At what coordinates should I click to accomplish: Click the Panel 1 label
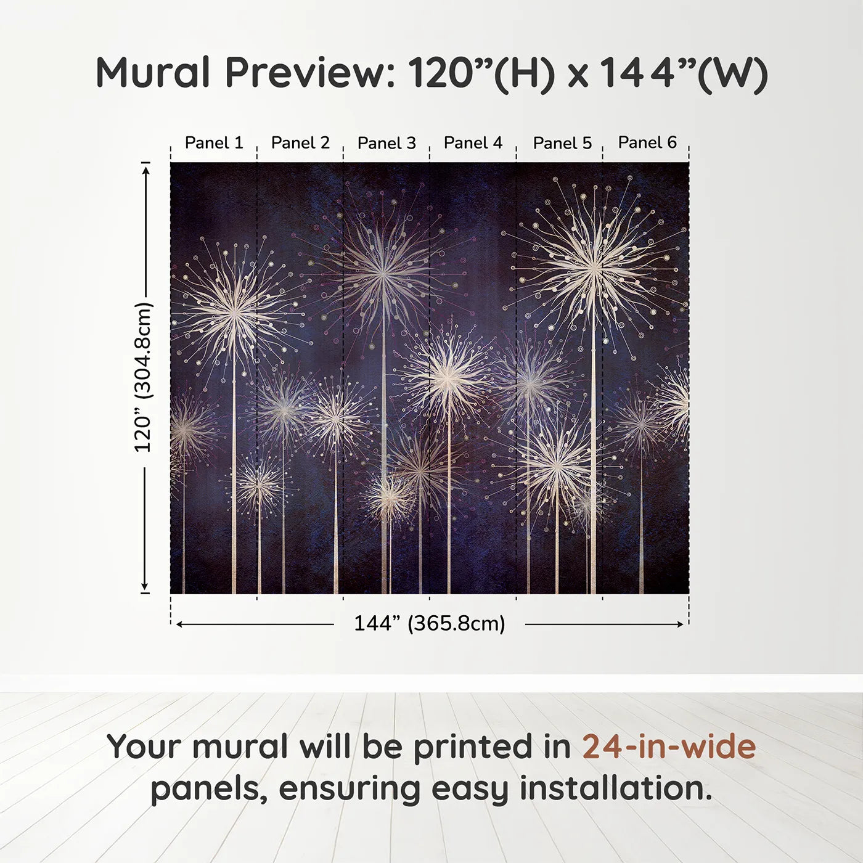click(214, 143)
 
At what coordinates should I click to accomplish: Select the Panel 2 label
click(300, 143)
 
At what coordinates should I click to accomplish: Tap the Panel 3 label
click(387, 143)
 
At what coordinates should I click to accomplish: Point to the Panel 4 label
click(473, 143)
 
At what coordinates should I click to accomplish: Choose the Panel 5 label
click(562, 143)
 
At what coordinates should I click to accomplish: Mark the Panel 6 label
click(647, 142)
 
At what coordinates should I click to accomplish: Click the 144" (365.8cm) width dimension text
click(429, 624)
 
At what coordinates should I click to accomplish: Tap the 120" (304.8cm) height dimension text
click(143, 377)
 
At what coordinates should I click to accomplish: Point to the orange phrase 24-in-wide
click(669, 746)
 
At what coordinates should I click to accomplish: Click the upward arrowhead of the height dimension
click(145, 168)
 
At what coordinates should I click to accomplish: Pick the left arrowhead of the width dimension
click(179, 624)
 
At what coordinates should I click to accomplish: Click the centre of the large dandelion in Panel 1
click(235, 313)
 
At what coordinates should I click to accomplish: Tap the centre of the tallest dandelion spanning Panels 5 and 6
click(594, 268)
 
